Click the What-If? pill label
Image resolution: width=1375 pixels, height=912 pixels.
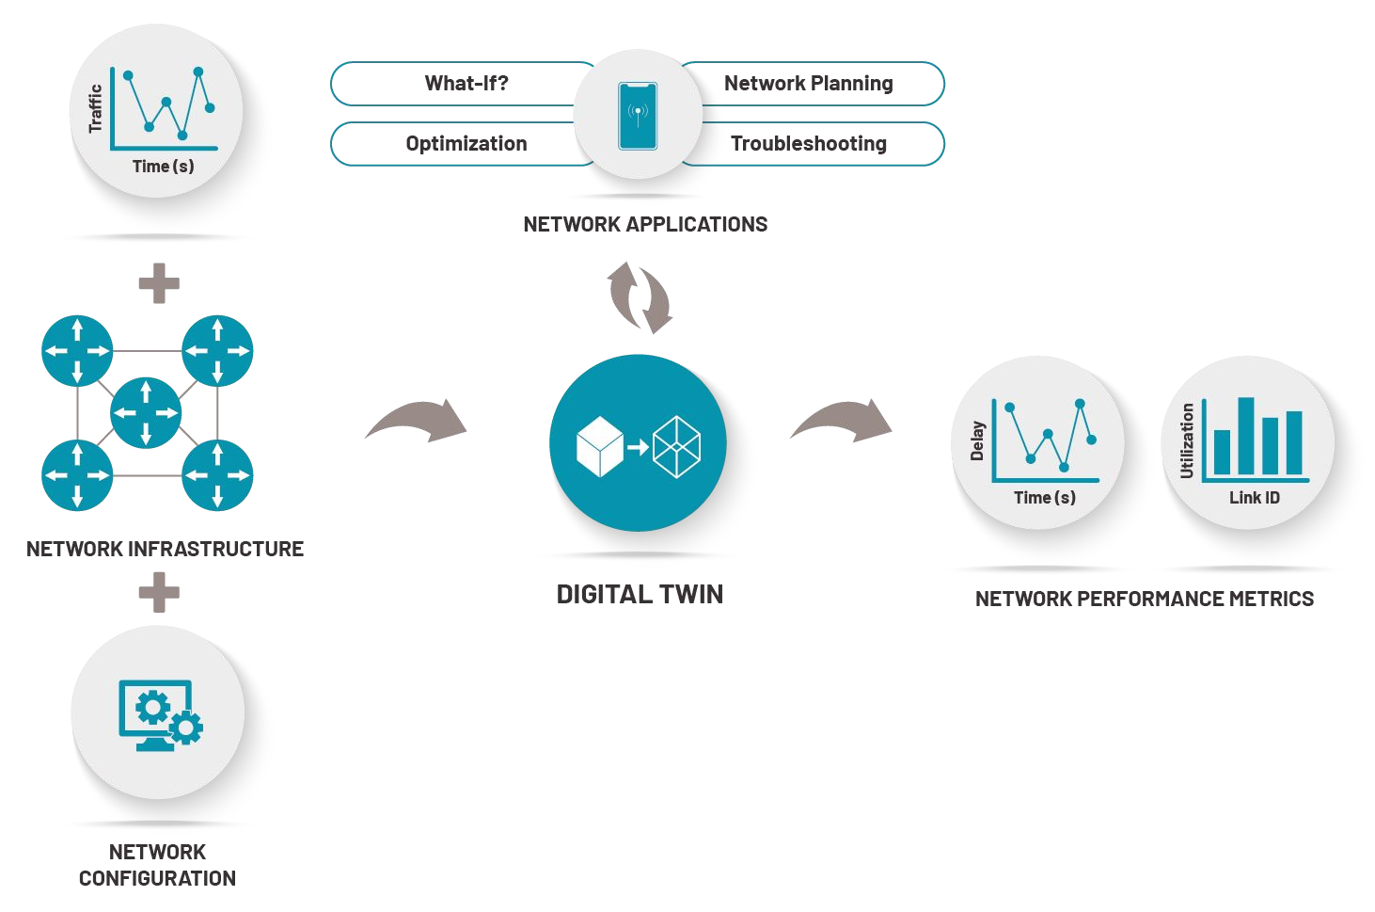pos(466,84)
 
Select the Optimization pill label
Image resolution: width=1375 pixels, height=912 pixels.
pos(466,144)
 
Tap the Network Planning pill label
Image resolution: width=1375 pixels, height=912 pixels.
pos(808,84)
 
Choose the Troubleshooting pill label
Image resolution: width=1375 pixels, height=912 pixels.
pos(808,144)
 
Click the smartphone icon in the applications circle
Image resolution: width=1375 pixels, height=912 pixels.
pos(638,116)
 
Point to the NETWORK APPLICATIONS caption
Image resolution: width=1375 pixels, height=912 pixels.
pos(645,225)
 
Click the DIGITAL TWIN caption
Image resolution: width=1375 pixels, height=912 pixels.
pos(640,595)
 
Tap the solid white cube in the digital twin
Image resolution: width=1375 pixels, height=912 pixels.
pos(600,446)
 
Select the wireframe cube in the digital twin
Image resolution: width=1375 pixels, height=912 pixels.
pos(677,447)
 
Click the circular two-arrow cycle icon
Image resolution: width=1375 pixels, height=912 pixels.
pos(640,297)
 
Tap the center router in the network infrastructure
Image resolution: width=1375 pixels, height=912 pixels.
pos(146,413)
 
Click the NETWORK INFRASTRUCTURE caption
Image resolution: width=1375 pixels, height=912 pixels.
pos(165,550)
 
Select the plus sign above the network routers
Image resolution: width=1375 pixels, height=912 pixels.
pos(159,283)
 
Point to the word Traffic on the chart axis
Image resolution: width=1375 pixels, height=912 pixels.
pos(95,108)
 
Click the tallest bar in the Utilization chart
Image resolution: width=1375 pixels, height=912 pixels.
pos(1246,436)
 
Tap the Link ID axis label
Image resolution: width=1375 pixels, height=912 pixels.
pos(1255,498)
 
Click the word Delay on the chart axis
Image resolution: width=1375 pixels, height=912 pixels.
pos(977,440)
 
